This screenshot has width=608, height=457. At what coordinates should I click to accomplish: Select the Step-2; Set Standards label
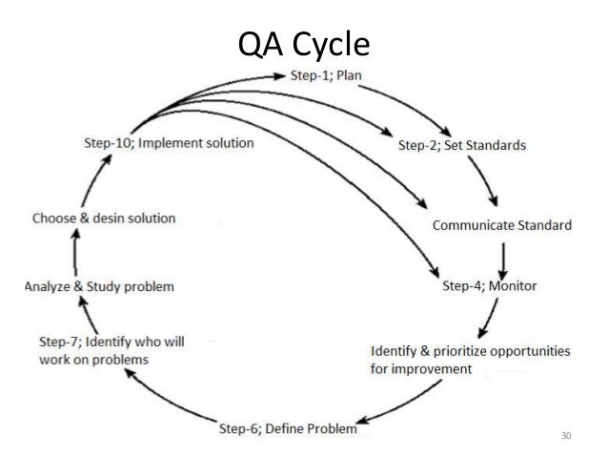click(x=461, y=146)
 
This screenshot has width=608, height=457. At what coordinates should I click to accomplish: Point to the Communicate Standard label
click(x=502, y=226)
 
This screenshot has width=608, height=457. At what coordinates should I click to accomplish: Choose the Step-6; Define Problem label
click(x=289, y=429)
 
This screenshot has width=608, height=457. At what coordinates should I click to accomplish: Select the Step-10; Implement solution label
click(x=169, y=143)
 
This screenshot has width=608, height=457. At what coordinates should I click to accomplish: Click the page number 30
click(x=567, y=437)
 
